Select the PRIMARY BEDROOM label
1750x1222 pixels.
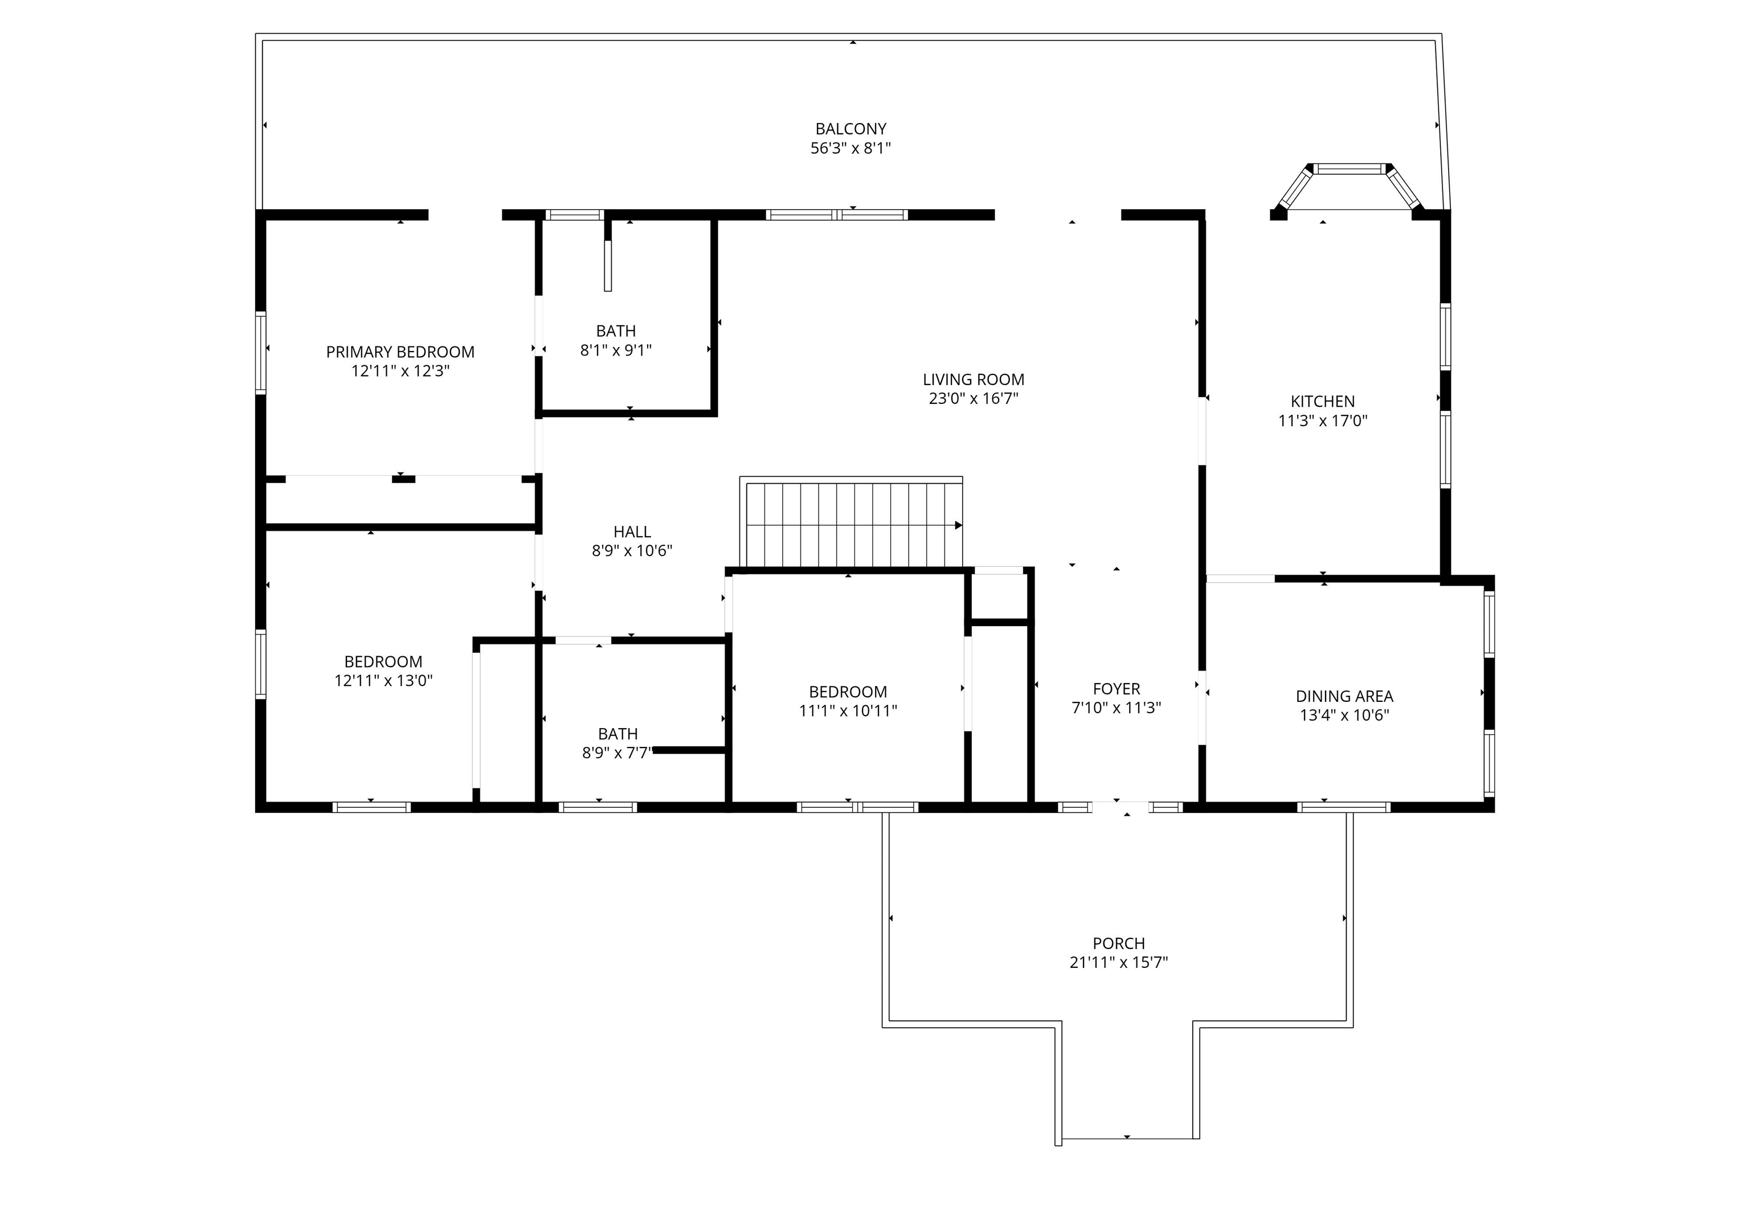400,352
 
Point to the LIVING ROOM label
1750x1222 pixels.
974,379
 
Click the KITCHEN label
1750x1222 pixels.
1322,401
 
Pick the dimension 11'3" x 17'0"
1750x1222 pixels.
1322,420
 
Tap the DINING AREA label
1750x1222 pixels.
1344,696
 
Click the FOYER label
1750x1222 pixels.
1117,688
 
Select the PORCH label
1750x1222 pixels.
1119,943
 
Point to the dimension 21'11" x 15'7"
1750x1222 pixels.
1119,962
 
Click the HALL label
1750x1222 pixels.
632,532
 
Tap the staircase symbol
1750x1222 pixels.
852,525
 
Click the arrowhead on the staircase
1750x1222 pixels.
958,525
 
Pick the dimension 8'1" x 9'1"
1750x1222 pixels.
616,350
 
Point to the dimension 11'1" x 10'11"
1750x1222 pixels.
848,710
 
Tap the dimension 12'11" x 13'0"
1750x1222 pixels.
383,681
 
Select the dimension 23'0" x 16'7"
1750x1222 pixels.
974,398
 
